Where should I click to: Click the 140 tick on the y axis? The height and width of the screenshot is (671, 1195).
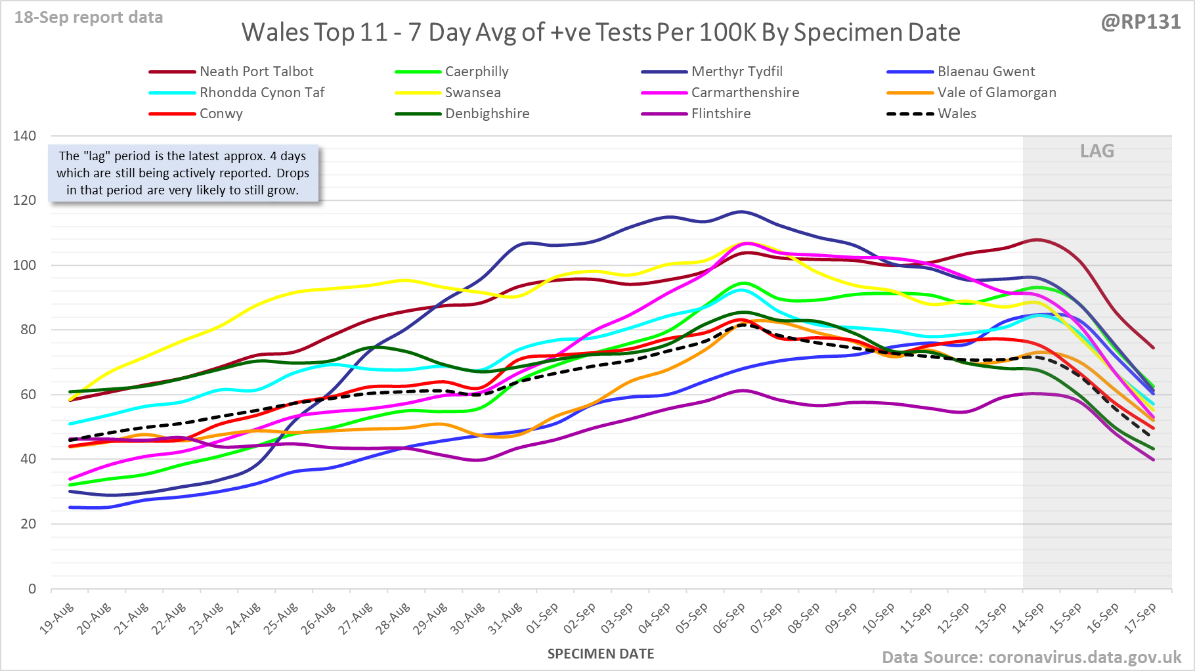(x=25, y=136)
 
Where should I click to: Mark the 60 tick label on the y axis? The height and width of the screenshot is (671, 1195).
(x=28, y=395)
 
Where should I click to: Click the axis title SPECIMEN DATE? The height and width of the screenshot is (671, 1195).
(x=601, y=654)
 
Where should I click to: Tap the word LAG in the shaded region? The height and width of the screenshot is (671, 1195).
(x=1097, y=151)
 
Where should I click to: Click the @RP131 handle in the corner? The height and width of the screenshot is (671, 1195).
(x=1141, y=22)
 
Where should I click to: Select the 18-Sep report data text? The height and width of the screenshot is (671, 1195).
(x=89, y=18)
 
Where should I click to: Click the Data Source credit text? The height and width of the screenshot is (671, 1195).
(x=1032, y=657)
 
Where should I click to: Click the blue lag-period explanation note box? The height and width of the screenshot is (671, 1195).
(x=183, y=173)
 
